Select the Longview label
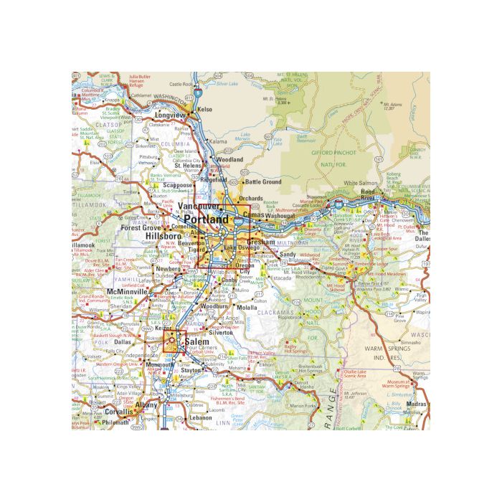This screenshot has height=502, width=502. tap(170, 115)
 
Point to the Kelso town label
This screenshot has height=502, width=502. tap(205, 110)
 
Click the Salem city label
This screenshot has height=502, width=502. tap(196, 343)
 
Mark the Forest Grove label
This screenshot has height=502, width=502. tap(141, 227)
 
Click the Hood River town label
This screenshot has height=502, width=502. tap(368, 194)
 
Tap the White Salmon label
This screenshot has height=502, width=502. tap(360, 184)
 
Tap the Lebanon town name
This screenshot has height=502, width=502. tap(200, 417)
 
